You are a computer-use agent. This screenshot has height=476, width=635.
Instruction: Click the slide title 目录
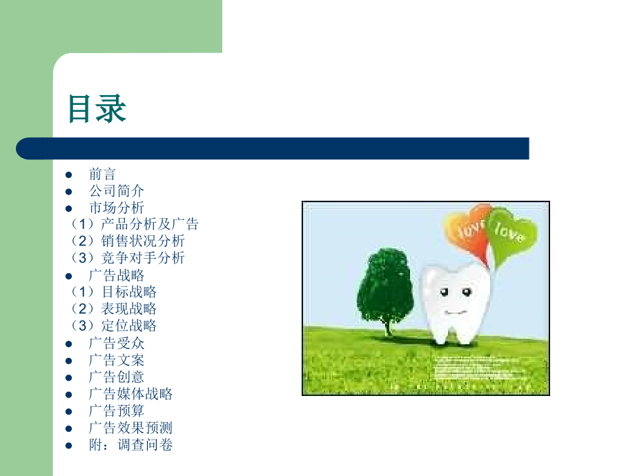click(x=97, y=108)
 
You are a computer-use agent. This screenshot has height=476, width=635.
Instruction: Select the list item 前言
click(x=103, y=174)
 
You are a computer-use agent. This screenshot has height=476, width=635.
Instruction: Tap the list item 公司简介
click(x=117, y=190)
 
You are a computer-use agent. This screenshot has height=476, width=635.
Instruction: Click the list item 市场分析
click(x=117, y=208)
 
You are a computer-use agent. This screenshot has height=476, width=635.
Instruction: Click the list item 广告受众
click(x=117, y=343)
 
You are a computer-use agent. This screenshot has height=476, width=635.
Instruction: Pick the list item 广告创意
click(x=117, y=377)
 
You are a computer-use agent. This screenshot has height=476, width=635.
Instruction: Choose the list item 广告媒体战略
click(x=130, y=394)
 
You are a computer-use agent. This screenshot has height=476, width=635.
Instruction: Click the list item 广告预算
click(x=117, y=410)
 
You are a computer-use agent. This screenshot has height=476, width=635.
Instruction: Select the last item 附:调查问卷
click(x=130, y=445)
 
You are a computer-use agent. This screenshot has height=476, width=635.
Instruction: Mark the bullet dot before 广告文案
click(x=68, y=360)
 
